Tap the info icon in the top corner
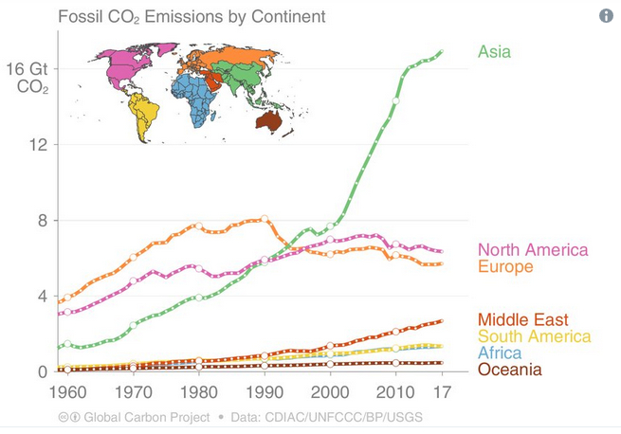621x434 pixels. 605,16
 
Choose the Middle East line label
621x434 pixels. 522,319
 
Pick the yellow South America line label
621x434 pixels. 534,336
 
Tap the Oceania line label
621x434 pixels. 510,370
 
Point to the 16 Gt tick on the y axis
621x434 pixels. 27,69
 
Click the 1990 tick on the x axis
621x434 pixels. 264,391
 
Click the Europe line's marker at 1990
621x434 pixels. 265,219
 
